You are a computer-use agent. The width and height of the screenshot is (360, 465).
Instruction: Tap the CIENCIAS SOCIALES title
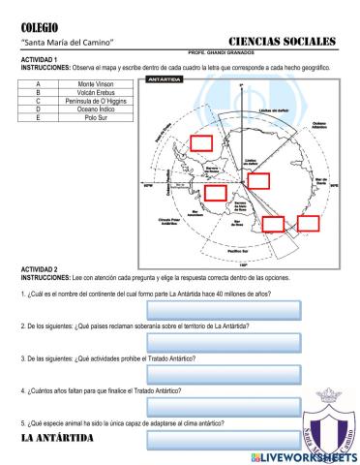click(x=283, y=42)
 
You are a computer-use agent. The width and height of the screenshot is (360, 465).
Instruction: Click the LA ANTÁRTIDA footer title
click(x=57, y=439)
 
